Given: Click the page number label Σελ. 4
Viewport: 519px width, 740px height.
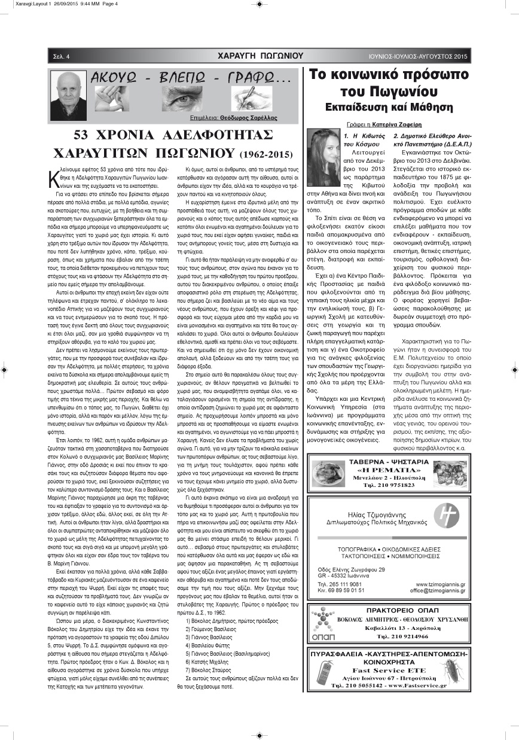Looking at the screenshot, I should coord(60,57).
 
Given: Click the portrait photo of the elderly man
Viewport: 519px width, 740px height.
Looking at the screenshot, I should coord(68,94).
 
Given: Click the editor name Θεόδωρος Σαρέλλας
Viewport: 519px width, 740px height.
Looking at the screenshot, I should coord(248,118).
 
